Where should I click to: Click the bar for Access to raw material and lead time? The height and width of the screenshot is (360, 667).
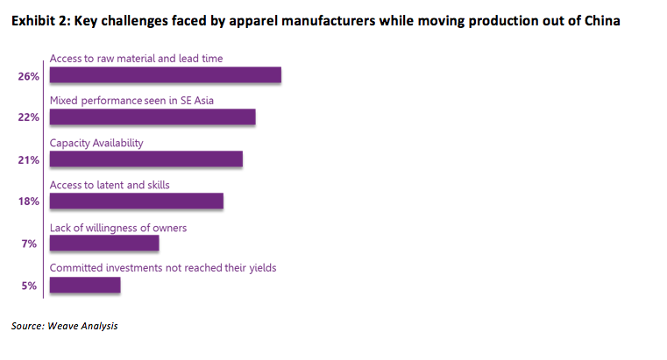coord(166,74)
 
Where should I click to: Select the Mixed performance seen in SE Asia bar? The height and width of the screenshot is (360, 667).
coord(153,116)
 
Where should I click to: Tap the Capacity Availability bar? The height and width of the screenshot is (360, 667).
coord(146,159)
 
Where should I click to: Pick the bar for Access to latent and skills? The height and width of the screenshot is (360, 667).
coord(137,201)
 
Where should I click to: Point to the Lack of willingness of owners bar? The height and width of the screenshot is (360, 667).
coord(104,244)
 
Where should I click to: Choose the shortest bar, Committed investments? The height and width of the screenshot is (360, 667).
coord(85,286)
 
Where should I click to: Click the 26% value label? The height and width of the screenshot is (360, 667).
coord(29,76)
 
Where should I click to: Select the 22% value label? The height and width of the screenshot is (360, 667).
coord(29,117)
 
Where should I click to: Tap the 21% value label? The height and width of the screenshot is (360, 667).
coord(29,160)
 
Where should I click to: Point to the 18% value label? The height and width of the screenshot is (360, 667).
coord(29,201)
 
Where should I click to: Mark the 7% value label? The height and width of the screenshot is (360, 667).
coord(29,244)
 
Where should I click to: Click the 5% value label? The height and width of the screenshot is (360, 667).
coord(29,286)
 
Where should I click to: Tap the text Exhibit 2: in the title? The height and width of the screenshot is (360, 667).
coord(41,21)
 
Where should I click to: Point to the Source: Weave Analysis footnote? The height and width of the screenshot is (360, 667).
coord(64,326)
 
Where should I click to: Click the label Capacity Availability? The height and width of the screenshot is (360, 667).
coord(96,144)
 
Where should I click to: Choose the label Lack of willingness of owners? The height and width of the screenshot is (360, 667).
coord(118,229)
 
